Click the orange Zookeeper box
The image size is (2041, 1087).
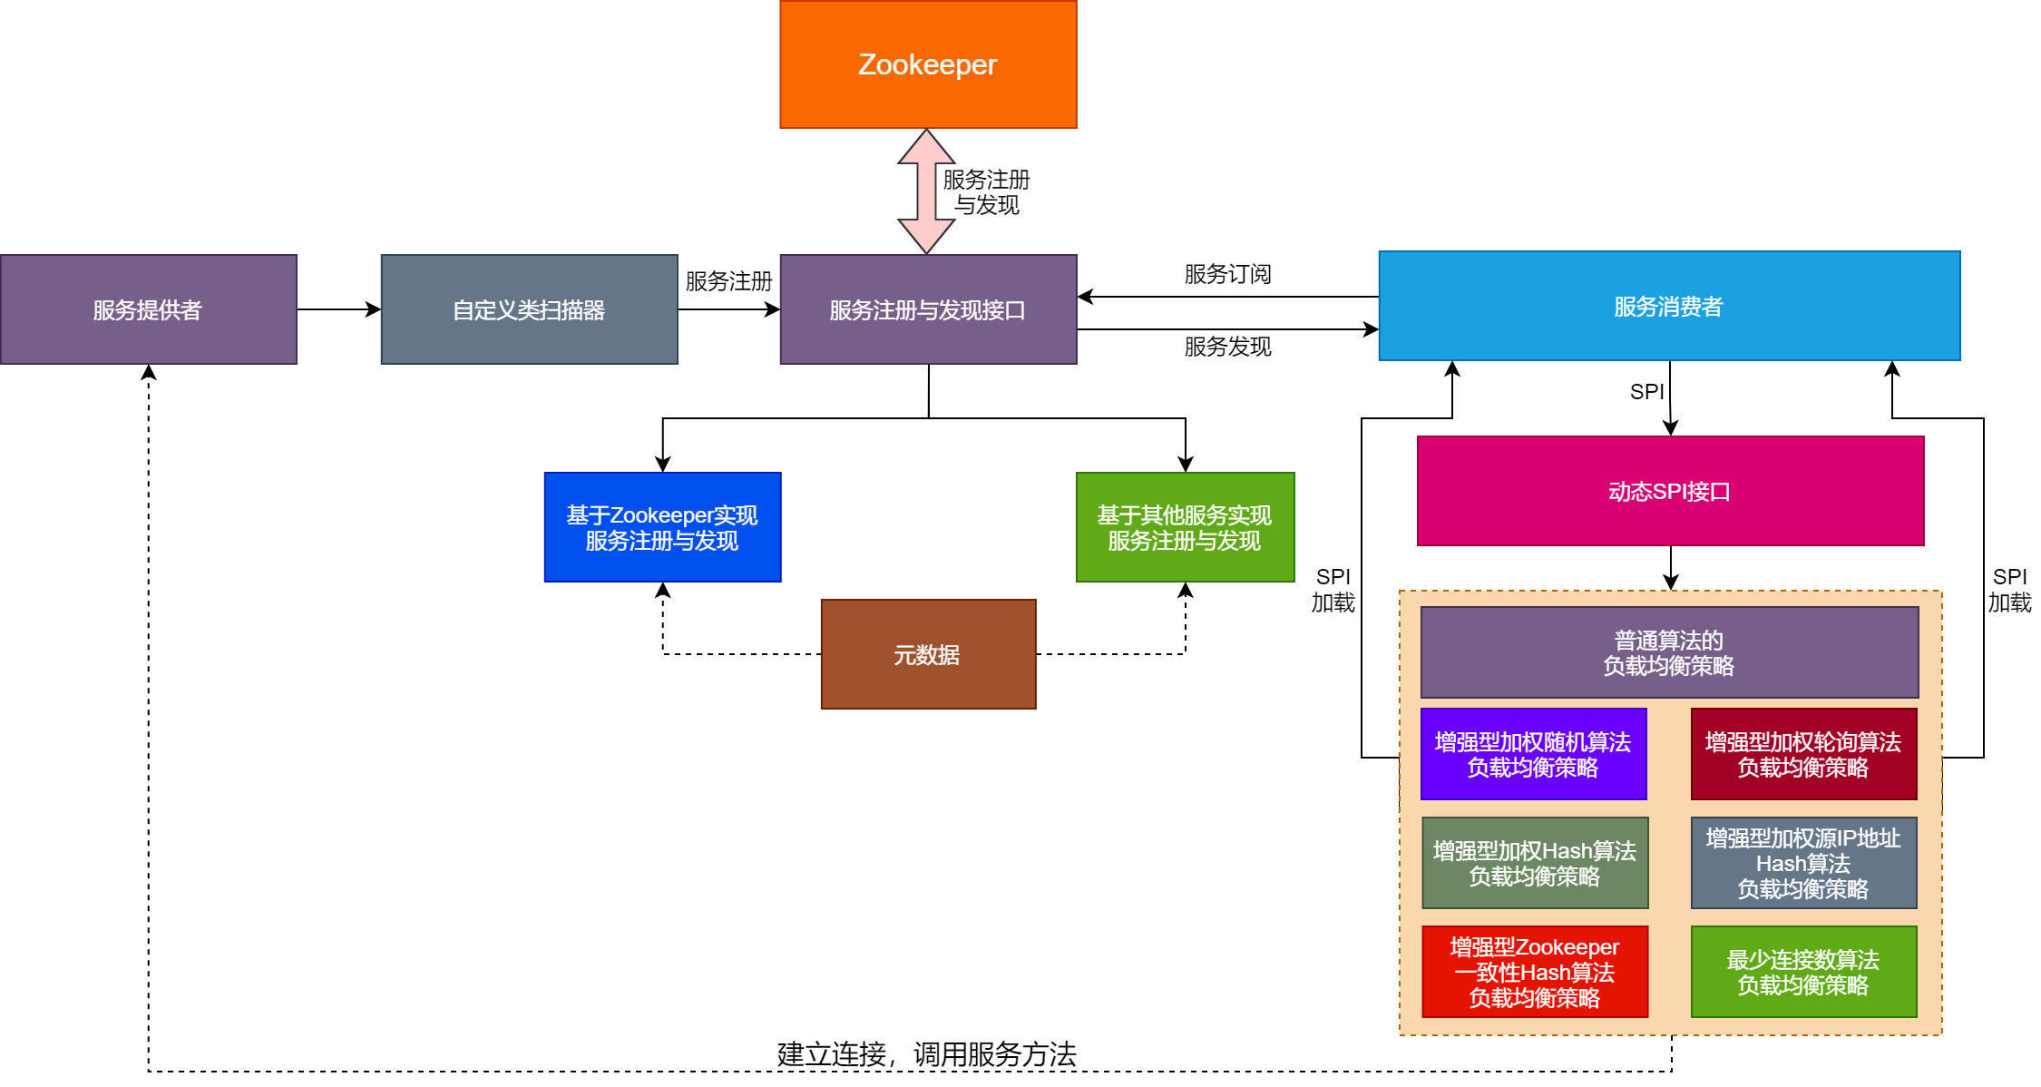pyautogui.click(x=928, y=64)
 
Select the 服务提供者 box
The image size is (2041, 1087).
pyautogui.click(x=148, y=309)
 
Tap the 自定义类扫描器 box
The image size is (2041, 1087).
pyautogui.click(x=529, y=309)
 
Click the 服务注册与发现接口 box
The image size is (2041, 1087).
pyautogui.click(x=928, y=309)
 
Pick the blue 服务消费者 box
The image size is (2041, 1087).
pyautogui.click(x=1669, y=306)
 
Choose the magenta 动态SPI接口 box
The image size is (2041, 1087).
pyautogui.click(x=1670, y=491)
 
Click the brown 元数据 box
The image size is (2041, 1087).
pyautogui.click(x=928, y=654)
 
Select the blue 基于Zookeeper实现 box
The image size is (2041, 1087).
pyautogui.click(x=662, y=527)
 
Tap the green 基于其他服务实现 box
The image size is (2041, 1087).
pyautogui.click(x=1185, y=527)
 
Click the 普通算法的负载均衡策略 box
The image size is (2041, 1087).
pyautogui.click(x=1669, y=652)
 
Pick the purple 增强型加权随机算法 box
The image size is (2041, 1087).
pyautogui.click(x=1533, y=754)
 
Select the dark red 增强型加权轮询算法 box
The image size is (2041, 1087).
pyautogui.click(x=1803, y=754)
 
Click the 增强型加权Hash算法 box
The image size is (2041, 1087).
pyautogui.click(x=1535, y=863)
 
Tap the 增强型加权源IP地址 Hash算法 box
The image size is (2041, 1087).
pyautogui.click(x=1803, y=863)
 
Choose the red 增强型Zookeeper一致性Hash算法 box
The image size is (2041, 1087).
pyautogui.click(x=1535, y=972)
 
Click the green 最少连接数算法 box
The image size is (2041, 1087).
pyautogui.click(x=1803, y=972)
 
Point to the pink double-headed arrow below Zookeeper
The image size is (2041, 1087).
pyautogui.click(x=926, y=191)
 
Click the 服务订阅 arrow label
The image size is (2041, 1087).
pyautogui.click(x=1227, y=274)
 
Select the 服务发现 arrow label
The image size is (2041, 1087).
pyautogui.click(x=1227, y=347)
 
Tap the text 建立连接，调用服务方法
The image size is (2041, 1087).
pyautogui.click(x=926, y=1054)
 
